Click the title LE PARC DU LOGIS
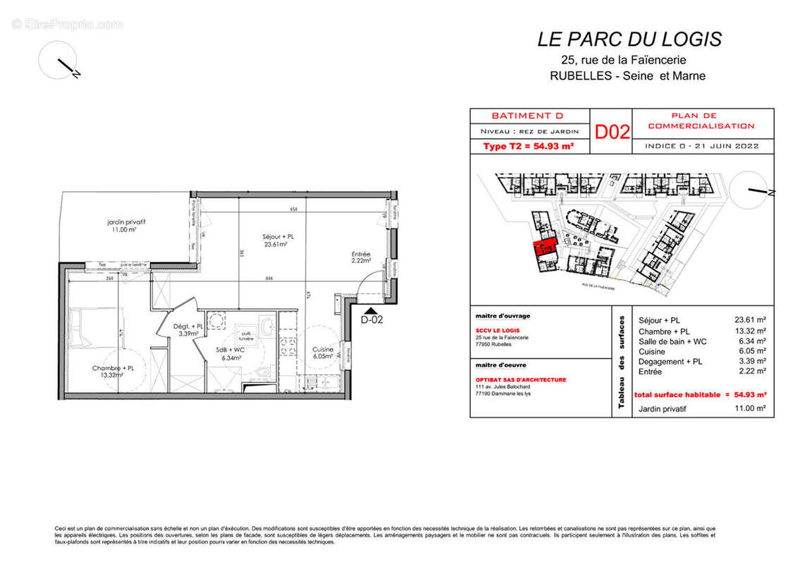point(629,39)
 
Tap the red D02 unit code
point(612,132)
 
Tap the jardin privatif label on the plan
point(116,225)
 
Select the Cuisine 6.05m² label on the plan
point(324,352)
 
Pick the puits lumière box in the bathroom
point(245,336)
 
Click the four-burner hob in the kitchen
point(288,345)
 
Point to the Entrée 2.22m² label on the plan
point(362,257)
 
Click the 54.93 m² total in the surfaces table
point(750,396)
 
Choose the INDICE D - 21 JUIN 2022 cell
point(702,146)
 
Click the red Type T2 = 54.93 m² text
point(528,146)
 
